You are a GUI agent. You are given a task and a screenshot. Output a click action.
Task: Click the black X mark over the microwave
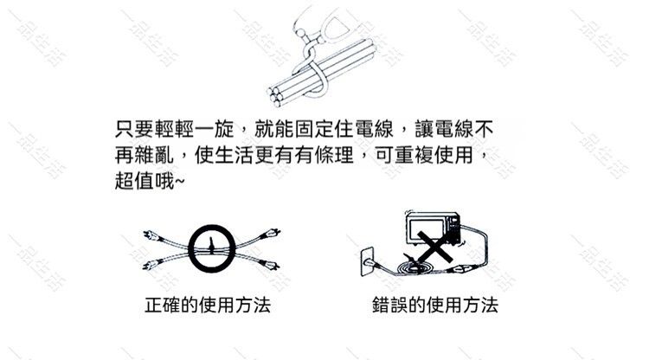click(x=434, y=247)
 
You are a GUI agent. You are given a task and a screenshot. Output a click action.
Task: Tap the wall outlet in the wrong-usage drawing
click(x=367, y=261)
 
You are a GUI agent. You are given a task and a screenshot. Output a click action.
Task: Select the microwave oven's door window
click(x=426, y=228)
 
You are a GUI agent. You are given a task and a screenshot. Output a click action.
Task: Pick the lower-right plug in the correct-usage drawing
click(x=269, y=265)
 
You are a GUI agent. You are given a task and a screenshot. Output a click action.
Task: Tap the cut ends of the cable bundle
click(x=275, y=96)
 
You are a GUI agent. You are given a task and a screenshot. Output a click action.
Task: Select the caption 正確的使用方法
click(x=208, y=305)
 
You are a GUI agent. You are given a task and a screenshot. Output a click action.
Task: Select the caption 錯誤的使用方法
click(x=435, y=305)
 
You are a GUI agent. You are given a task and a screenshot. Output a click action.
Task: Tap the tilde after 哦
click(x=180, y=181)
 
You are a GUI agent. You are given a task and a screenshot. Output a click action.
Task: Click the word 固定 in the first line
click(x=314, y=129)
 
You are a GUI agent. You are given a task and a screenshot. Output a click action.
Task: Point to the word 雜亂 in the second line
click(x=154, y=155)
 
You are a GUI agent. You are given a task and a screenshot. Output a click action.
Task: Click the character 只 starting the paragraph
click(x=124, y=129)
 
